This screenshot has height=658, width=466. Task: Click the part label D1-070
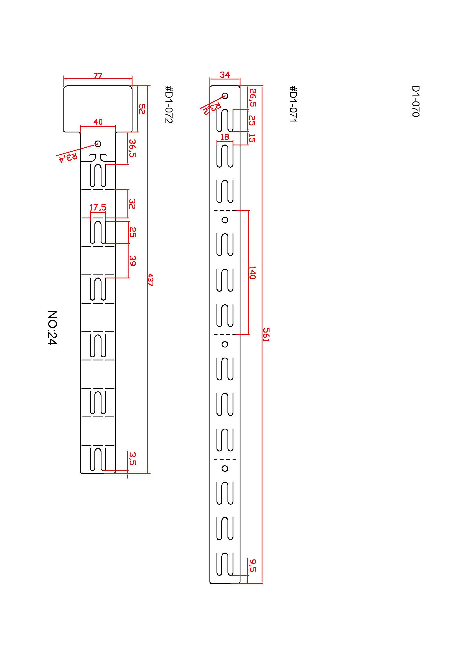click(416, 101)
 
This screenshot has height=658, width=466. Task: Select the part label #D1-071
click(293, 104)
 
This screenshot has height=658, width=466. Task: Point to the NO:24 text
click(52, 327)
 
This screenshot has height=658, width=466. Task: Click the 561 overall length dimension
click(266, 334)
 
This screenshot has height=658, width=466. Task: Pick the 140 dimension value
click(252, 272)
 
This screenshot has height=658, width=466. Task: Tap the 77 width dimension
click(98, 76)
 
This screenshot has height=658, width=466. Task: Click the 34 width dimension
click(225, 75)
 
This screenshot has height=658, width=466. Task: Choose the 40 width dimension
click(98, 122)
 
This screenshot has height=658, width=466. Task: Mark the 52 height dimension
click(142, 109)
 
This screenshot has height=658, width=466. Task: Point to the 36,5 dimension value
click(132, 148)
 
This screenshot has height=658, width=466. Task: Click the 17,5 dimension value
click(98, 207)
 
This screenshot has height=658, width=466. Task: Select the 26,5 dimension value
click(252, 98)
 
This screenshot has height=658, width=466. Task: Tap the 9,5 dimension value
click(252, 565)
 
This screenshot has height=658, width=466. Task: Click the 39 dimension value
click(132, 261)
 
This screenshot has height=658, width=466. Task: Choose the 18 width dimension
click(225, 137)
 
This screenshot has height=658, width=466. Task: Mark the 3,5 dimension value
click(132, 458)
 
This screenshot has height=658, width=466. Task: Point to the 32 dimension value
click(132, 204)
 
